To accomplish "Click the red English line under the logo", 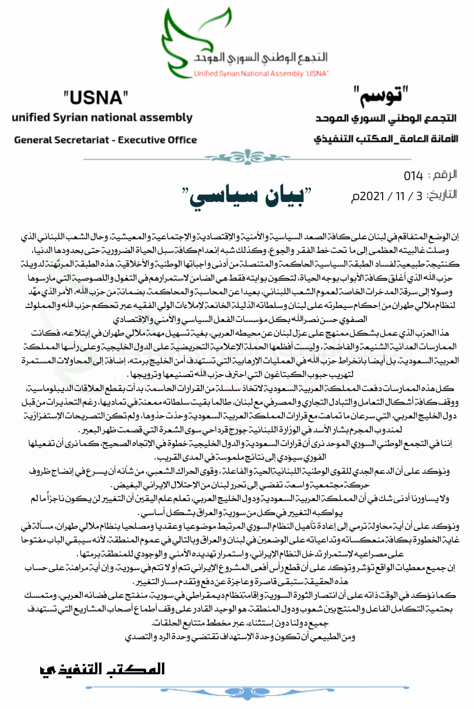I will [x=261, y=73].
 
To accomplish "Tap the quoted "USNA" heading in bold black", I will [x=96, y=98].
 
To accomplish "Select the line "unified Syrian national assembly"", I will [x=102, y=117].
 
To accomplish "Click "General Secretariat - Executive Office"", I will [x=105, y=140].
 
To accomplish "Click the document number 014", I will [x=413, y=176].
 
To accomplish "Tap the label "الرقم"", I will [x=445, y=175].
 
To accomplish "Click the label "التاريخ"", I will [x=442, y=195].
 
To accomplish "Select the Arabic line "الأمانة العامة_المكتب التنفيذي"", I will [x=386, y=139].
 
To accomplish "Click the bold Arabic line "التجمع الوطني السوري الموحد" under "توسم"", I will [x=386, y=118].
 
